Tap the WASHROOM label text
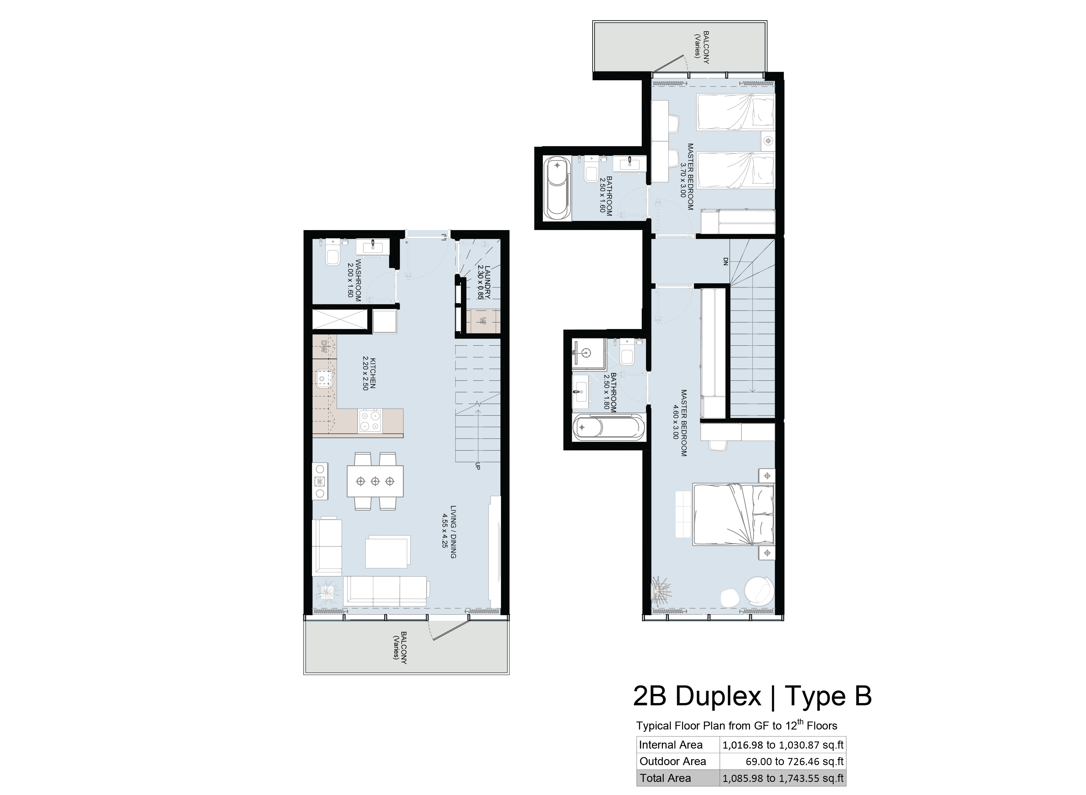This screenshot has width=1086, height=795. pyautogui.click(x=358, y=280)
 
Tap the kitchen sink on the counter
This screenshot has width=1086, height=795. pyautogui.click(x=324, y=378)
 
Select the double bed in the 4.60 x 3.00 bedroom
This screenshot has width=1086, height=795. pyautogui.click(x=733, y=515)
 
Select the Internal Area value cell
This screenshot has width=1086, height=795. pyautogui.click(x=783, y=745)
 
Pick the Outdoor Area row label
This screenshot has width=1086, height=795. pyautogui.click(x=673, y=761)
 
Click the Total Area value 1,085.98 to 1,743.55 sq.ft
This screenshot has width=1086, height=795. pyautogui.click(x=783, y=778)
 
